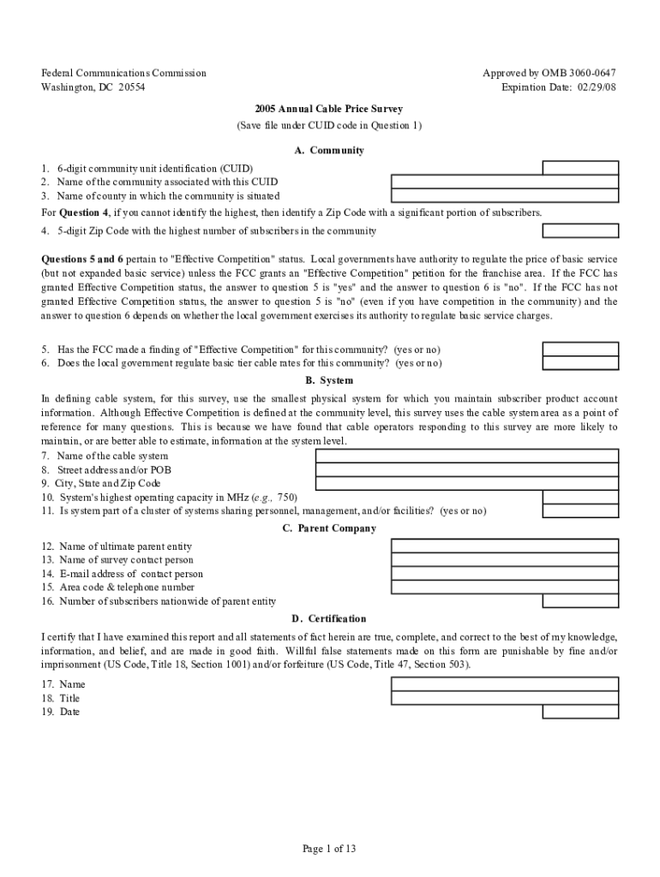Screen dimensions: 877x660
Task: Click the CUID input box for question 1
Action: point(580,168)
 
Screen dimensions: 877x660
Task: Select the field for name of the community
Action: point(504,182)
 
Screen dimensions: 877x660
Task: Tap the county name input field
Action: point(504,195)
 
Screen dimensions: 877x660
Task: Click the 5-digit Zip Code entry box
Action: point(580,230)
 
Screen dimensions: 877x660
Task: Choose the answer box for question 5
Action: point(580,349)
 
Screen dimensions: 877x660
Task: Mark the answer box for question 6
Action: point(580,363)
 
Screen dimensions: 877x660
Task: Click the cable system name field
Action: point(466,456)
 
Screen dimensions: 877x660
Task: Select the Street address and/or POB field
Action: point(466,469)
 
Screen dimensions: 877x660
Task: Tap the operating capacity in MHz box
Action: point(580,497)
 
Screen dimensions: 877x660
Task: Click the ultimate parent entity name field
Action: point(504,546)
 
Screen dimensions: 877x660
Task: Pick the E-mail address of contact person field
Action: point(504,573)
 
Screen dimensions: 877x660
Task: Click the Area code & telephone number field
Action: point(504,587)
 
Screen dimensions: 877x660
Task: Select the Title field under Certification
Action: point(504,698)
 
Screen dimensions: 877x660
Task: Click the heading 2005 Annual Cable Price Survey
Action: point(328,109)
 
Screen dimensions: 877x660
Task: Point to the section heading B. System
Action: point(329,380)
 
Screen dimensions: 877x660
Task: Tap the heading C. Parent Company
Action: point(329,528)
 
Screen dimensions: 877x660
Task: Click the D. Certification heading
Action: point(329,618)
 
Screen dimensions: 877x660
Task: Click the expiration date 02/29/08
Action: point(591,87)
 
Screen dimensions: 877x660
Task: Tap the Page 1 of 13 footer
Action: point(329,849)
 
